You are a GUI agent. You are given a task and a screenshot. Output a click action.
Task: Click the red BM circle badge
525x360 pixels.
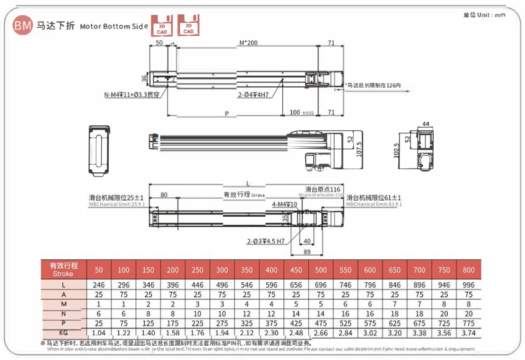[23, 25]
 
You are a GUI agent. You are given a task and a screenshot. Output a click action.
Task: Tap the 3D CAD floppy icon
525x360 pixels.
[188, 25]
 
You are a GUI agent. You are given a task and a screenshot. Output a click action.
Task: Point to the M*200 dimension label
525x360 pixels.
[248, 43]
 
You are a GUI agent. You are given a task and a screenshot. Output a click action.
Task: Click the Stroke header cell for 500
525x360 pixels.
[321, 270]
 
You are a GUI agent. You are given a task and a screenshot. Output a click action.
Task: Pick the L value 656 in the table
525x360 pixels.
[296, 285]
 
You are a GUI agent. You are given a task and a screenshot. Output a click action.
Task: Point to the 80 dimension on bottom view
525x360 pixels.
[164, 195]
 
